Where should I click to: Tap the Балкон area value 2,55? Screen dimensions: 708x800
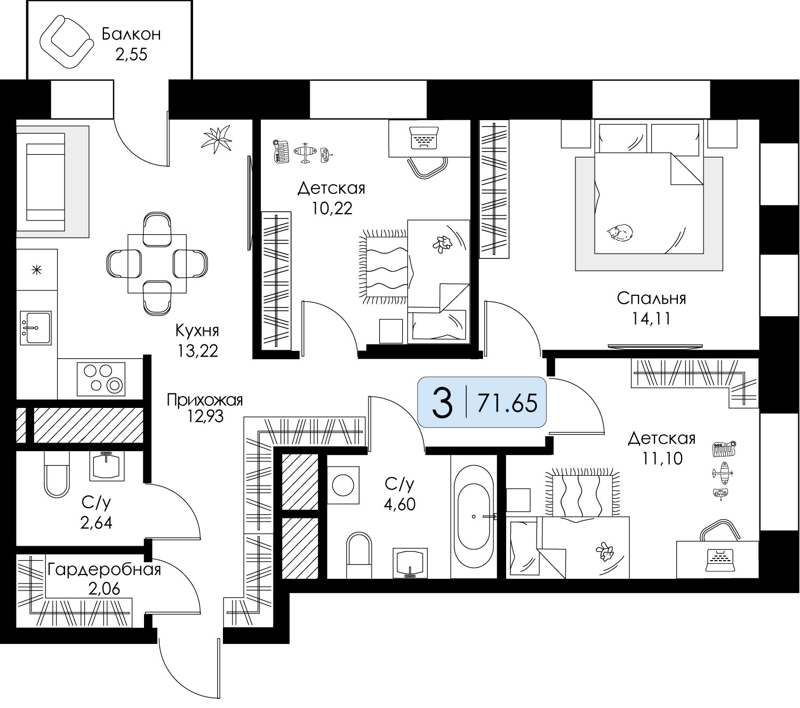tap(131, 54)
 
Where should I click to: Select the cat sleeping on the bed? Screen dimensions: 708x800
tap(620, 232)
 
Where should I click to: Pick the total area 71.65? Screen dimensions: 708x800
tap(507, 403)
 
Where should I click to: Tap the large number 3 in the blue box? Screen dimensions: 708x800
tap(442, 403)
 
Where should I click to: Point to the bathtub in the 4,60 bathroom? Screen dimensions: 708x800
tap(474, 517)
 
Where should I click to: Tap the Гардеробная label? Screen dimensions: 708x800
tap(104, 570)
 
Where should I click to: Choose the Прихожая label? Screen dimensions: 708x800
tap(205, 399)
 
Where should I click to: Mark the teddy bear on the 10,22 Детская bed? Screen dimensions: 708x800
tap(442, 243)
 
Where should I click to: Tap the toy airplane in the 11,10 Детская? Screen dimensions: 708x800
tap(722, 473)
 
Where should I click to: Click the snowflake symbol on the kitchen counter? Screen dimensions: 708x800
tap(36, 270)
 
